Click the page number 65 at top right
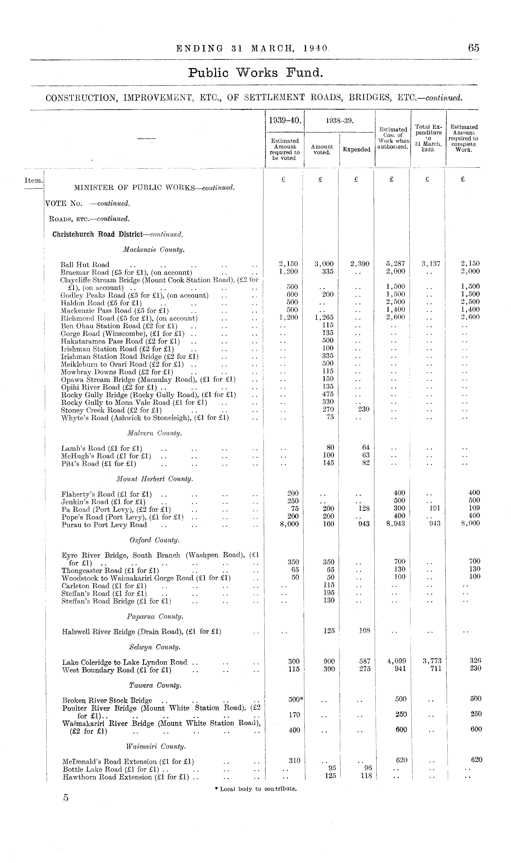pyautogui.click(x=473, y=48)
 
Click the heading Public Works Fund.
pyautogui.click(x=255, y=73)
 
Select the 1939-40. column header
pyautogui.click(x=285, y=120)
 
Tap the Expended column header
pyautogui.click(x=356, y=150)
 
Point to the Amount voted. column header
pyautogui.click(x=322, y=150)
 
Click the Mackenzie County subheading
pyautogui.click(x=154, y=250)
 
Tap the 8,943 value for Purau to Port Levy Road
pyautogui.click(x=396, y=524)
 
